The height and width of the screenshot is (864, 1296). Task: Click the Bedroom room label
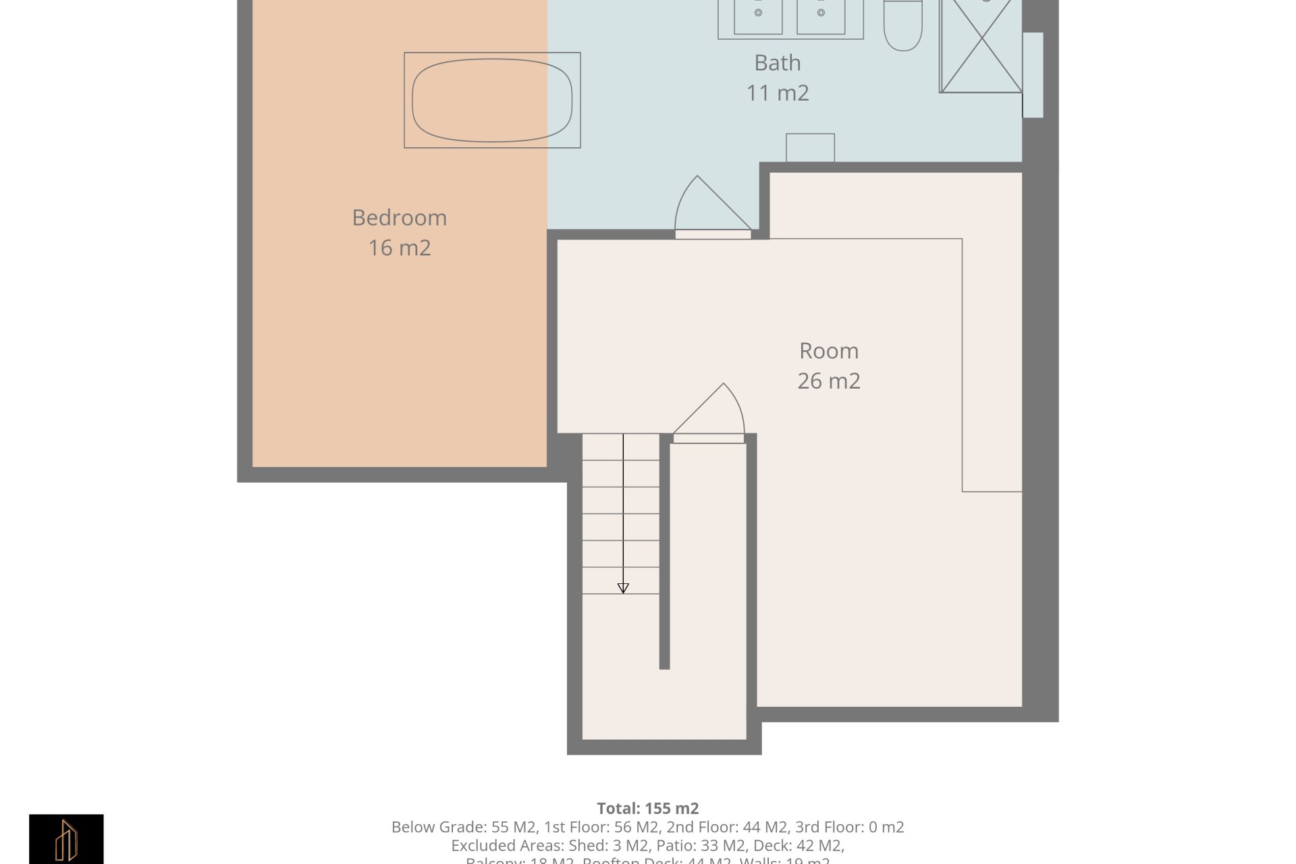click(x=399, y=217)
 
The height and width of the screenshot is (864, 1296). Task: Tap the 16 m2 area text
click(x=399, y=248)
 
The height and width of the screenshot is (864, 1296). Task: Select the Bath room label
click(x=777, y=63)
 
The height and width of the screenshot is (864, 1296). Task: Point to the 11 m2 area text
click(x=777, y=92)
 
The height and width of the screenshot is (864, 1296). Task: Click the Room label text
click(x=828, y=351)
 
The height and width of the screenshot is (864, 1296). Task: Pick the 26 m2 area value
click(x=828, y=381)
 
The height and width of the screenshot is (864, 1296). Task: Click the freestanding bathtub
click(x=492, y=100)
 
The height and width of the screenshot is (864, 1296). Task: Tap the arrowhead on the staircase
click(x=623, y=588)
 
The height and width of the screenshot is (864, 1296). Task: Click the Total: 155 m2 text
click(x=647, y=808)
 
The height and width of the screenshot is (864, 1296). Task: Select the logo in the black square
click(x=66, y=840)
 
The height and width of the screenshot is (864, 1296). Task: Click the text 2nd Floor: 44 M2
click(x=727, y=827)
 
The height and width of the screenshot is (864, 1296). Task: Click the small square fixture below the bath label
click(x=810, y=147)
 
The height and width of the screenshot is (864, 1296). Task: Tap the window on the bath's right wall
click(x=1033, y=75)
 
